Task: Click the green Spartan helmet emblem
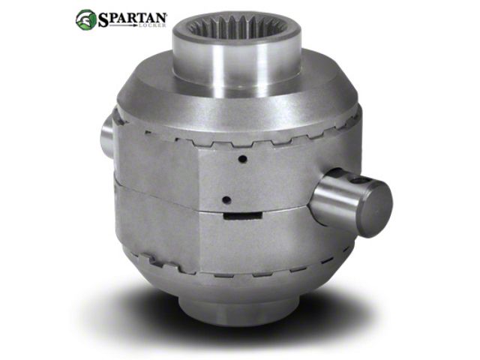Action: (85, 19)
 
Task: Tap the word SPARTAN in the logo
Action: (132, 19)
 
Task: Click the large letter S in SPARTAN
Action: (103, 19)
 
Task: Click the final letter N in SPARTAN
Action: (160, 18)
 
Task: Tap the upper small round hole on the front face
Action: (243, 159)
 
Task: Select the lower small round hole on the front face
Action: (226, 200)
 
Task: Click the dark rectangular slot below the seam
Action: (243, 216)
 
